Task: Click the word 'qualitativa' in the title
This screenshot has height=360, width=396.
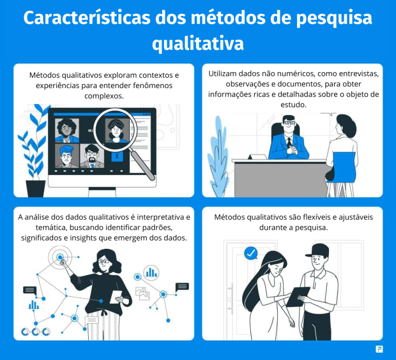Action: (197, 43)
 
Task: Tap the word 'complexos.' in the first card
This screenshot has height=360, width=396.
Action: (104, 96)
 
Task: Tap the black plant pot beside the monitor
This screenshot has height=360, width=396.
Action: (36, 188)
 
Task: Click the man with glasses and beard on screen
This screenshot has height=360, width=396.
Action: (92, 155)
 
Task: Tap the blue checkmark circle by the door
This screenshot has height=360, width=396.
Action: (251, 253)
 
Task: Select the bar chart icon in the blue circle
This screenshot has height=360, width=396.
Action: (152, 272)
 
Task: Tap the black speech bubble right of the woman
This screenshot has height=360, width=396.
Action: (182, 287)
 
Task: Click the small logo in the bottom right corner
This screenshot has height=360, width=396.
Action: (379, 349)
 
